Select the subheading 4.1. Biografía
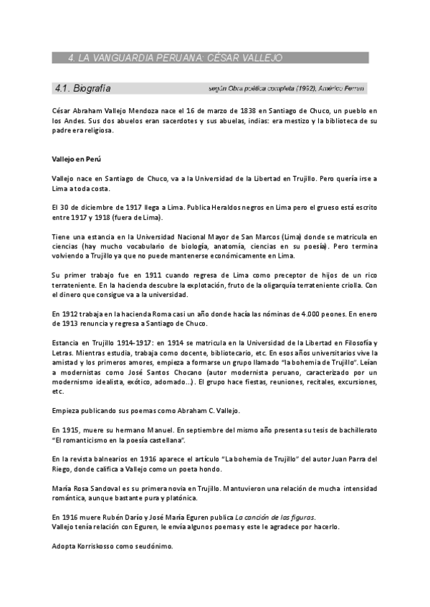pyautogui.click(x=82, y=89)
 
